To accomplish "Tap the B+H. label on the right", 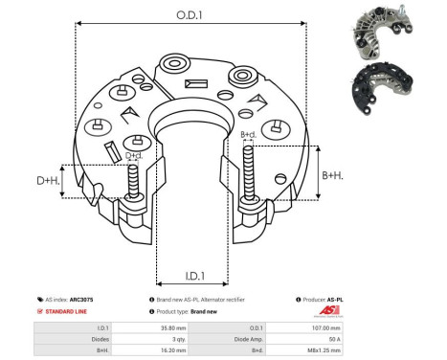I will click(x=333, y=175).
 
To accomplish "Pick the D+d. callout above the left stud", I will click(x=134, y=155).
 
